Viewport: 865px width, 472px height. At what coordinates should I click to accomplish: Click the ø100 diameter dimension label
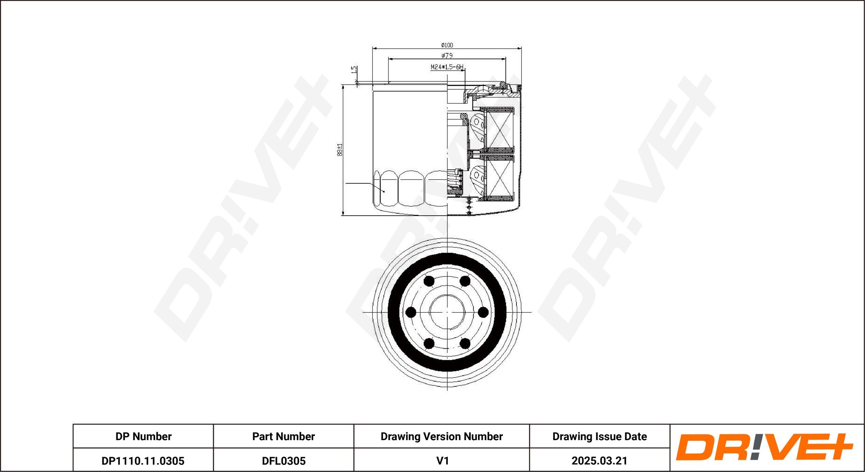pyautogui.click(x=447, y=45)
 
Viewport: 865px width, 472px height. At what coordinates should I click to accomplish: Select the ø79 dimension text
pyautogui.click(x=447, y=55)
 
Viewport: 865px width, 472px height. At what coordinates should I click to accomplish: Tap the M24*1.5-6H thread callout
pyautogui.click(x=446, y=67)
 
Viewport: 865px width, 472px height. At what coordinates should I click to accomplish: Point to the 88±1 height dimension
pyautogui.click(x=340, y=150)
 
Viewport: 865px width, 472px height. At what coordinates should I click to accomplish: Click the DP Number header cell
pyautogui.click(x=143, y=436)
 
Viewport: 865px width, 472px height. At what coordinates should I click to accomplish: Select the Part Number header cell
pyautogui.click(x=283, y=436)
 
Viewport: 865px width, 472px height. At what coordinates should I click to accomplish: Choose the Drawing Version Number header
pyautogui.click(x=441, y=436)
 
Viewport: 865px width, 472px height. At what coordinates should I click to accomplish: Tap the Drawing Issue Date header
pyautogui.click(x=599, y=436)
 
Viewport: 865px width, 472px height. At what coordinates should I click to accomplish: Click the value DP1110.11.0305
pyautogui.click(x=143, y=461)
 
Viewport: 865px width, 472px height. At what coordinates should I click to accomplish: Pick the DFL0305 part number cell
pyautogui.click(x=283, y=461)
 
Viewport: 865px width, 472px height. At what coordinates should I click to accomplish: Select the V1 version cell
pyautogui.click(x=442, y=461)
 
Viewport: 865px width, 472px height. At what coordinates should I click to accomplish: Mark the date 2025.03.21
pyautogui.click(x=599, y=461)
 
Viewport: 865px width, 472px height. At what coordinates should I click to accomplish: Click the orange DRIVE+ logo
pyautogui.click(x=764, y=447)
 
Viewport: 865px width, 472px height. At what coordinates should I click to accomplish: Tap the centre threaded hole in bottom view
pyautogui.click(x=447, y=312)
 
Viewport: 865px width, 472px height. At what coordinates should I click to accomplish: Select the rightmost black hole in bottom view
pyautogui.click(x=483, y=312)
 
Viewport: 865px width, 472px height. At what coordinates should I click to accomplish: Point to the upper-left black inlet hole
pyautogui.click(x=429, y=281)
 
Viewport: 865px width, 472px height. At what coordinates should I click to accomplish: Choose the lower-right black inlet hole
pyautogui.click(x=465, y=344)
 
